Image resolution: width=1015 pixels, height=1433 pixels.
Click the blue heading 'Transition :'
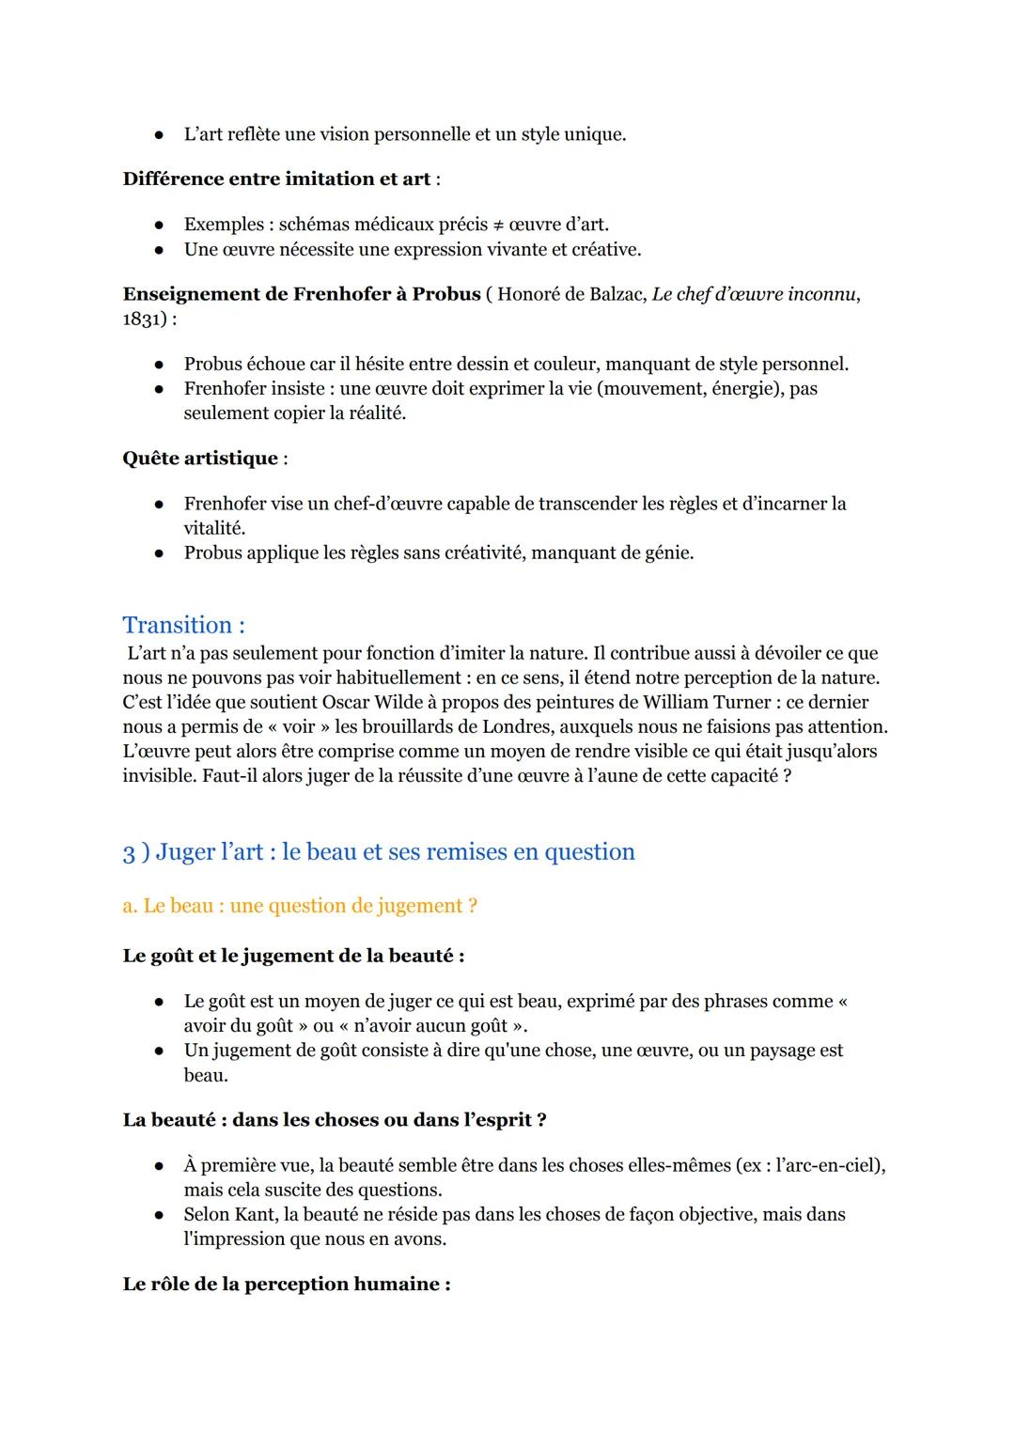pos(183,625)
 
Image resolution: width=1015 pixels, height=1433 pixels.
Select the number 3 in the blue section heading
pos(129,852)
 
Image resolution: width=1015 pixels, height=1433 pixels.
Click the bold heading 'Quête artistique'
pos(200,459)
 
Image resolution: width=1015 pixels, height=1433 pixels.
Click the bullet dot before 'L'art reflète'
pos(160,135)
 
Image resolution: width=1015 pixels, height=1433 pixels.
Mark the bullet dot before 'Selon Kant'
pos(160,1215)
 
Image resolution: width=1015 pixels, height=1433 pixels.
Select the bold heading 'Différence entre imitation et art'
pos(276,179)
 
